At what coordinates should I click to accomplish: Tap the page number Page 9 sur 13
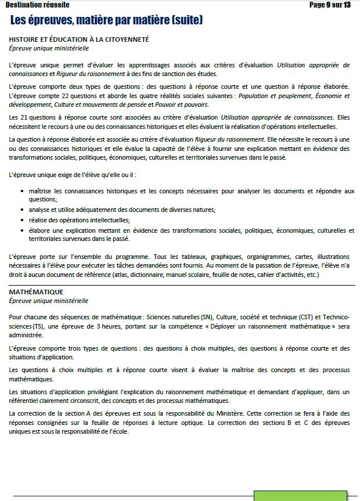330,5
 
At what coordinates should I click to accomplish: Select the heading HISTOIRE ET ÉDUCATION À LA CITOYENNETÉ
79,39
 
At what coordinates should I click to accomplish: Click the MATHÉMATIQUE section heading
36,291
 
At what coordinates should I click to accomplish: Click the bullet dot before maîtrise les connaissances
22,191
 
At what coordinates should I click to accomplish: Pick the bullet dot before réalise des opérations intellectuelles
22,220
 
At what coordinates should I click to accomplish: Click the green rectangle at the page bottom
301,496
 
